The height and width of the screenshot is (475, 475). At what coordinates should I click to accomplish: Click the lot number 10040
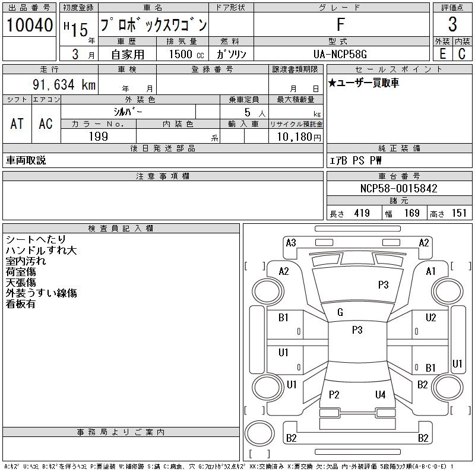(x=29, y=25)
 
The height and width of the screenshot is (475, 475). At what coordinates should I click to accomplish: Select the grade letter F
(x=340, y=25)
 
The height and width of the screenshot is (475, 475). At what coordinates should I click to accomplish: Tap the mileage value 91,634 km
(x=65, y=85)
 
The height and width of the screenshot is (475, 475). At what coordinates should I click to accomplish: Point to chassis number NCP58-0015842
(x=398, y=189)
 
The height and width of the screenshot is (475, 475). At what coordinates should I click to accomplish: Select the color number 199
(x=98, y=136)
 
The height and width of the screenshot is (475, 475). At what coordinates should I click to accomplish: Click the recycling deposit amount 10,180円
(x=296, y=137)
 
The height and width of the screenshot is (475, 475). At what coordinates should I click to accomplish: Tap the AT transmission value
(x=17, y=123)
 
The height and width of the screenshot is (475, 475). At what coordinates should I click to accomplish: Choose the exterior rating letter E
(x=442, y=53)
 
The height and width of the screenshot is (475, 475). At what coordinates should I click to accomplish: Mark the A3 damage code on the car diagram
(x=291, y=242)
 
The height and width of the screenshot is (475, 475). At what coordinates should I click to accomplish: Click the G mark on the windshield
(x=340, y=312)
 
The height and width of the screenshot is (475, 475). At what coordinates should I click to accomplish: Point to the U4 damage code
(x=380, y=394)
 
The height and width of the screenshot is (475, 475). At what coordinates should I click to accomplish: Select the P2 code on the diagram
(x=334, y=394)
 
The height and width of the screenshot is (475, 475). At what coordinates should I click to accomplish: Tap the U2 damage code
(x=431, y=318)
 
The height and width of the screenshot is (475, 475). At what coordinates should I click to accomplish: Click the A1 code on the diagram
(x=431, y=271)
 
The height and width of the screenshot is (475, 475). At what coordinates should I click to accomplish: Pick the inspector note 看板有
(x=21, y=304)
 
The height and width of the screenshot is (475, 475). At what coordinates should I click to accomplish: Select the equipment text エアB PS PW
(x=356, y=160)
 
